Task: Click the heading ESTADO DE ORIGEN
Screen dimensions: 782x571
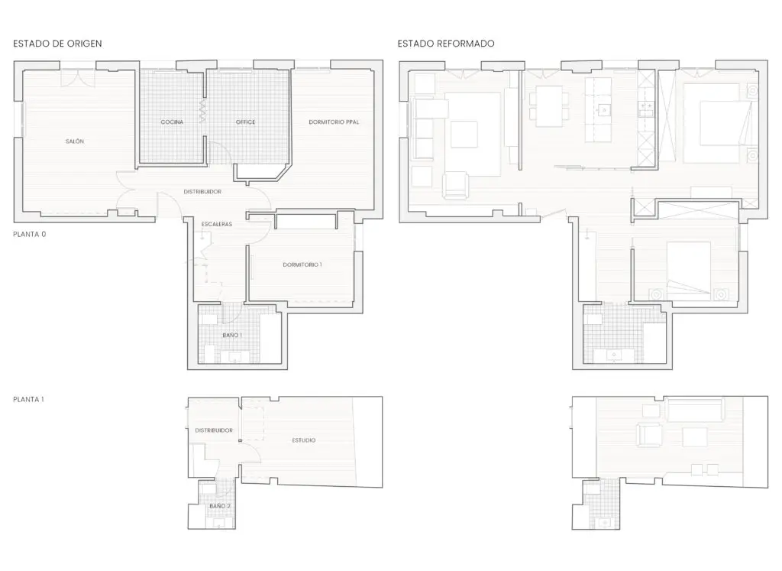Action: (57, 44)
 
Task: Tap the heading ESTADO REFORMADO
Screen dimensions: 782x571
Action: (446, 44)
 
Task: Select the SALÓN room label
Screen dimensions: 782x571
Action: (75, 141)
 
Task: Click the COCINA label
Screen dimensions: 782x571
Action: (172, 122)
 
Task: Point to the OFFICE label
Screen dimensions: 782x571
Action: (245, 122)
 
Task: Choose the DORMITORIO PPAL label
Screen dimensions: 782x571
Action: (334, 122)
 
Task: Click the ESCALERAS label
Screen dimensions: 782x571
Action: (217, 224)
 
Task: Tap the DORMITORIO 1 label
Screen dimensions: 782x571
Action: (302, 264)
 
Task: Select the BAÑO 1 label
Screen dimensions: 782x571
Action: (232, 335)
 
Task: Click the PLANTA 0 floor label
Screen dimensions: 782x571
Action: (30, 234)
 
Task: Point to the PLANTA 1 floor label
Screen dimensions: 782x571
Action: (28, 399)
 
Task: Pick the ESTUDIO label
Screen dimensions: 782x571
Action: (304, 440)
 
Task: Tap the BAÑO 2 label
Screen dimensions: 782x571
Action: (220, 505)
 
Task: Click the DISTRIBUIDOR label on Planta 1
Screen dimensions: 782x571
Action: (214, 430)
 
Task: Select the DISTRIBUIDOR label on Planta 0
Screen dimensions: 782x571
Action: (202, 192)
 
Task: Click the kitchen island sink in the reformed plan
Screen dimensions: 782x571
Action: (603, 109)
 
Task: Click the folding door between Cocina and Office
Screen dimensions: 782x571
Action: (203, 112)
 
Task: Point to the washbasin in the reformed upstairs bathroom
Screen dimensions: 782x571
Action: (605, 523)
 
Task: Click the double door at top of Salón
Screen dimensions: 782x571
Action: (78, 79)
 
